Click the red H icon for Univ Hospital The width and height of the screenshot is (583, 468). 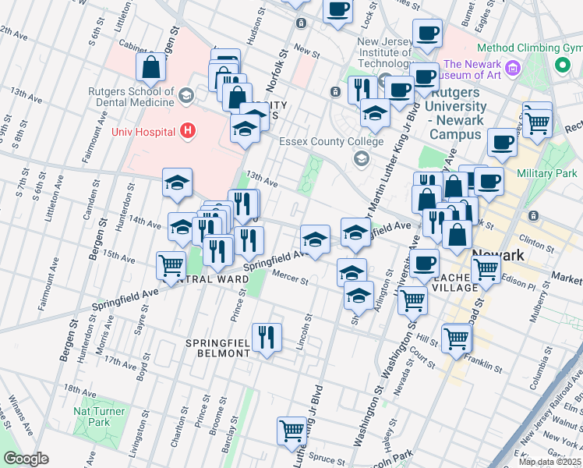click(x=186, y=129)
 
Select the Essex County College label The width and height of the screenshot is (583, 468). click(x=331, y=142)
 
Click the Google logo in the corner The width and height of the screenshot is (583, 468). click(x=26, y=459)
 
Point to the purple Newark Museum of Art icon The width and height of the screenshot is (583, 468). click(x=513, y=69)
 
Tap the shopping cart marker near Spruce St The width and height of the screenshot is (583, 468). click(x=291, y=430)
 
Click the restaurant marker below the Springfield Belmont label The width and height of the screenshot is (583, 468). click(x=267, y=336)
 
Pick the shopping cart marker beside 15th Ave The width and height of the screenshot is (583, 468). click(x=171, y=264)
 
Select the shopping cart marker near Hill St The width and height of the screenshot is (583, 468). click(x=457, y=337)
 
